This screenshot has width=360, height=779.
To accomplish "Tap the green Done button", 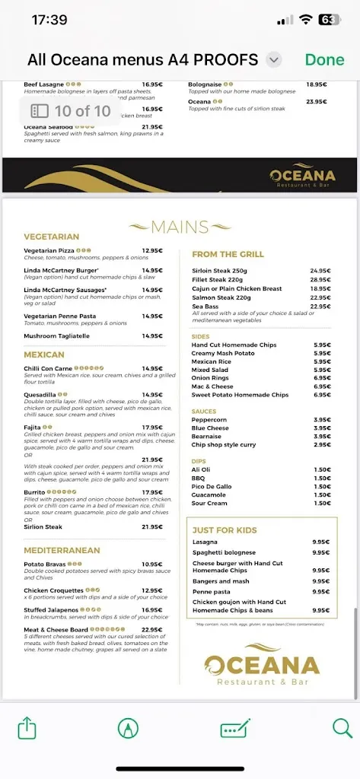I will pos(324,60).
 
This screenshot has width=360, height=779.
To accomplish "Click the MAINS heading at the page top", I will pos(180,227).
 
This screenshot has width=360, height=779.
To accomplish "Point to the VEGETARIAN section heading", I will pos(51,237).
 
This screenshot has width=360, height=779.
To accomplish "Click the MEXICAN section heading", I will pos(43,355).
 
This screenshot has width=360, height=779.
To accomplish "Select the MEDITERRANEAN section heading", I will pos(62,549).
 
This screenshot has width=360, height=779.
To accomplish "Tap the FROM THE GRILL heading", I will pos(228,254).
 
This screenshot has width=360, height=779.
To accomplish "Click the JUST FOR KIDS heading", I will pos(225,530).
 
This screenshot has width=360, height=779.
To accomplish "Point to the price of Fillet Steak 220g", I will pos(320,280).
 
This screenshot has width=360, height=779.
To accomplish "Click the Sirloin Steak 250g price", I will pos(320,271).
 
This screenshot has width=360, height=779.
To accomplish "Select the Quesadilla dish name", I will pos(40,395).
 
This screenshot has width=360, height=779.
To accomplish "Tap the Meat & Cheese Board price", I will pos(151,629).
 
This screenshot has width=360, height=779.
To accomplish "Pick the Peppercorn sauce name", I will pos(209,419).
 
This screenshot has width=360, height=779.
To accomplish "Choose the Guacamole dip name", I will pos(209,494).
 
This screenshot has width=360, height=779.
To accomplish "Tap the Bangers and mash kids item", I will pos(221,581).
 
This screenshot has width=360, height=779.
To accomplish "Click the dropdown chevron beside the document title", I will pos(275,60).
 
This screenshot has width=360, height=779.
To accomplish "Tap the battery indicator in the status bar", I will pos(329,20).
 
